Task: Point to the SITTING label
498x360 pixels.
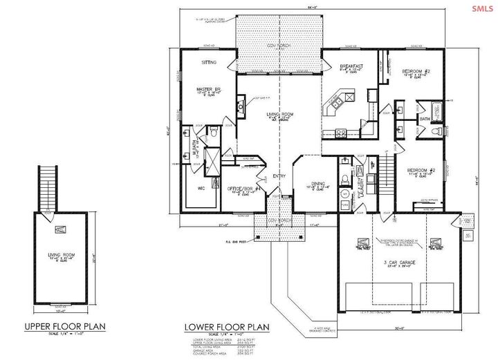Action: click(x=209, y=62)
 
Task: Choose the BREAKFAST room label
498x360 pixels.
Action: click(x=353, y=66)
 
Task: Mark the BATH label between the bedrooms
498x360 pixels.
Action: click(x=425, y=120)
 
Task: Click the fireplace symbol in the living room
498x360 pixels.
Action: click(x=240, y=107)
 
